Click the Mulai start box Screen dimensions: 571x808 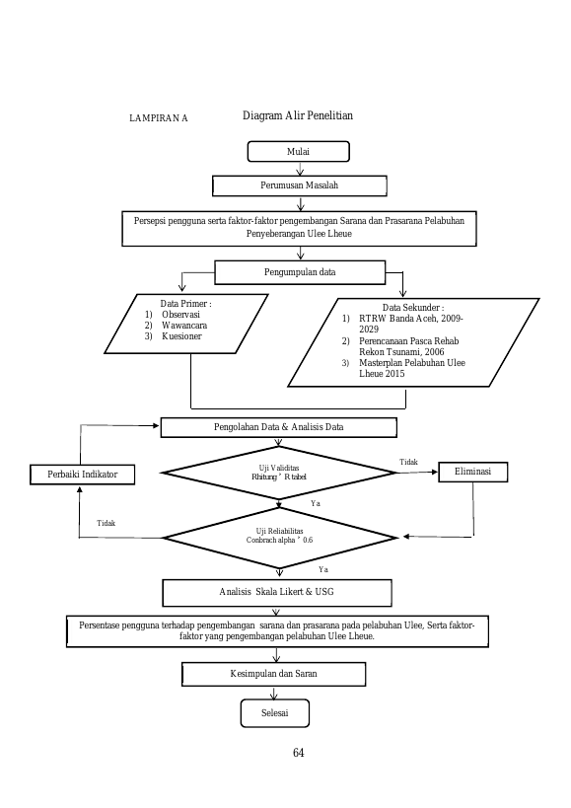(x=299, y=152)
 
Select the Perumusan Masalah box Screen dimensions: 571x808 (x=300, y=185)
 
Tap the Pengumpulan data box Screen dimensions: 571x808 (x=300, y=272)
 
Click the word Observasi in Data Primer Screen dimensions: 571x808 (x=180, y=315)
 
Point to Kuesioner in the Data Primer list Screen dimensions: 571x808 (x=181, y=336)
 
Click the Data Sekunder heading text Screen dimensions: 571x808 (x=413, y=308)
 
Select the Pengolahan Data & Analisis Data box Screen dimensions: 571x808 (x=278, y=427)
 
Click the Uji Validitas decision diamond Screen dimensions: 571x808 (x=278, y=473)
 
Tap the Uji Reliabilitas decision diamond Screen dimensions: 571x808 (x=279, y=538)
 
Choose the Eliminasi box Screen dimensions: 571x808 (x=473, y=472)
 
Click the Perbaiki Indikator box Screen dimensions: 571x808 (x=83, y=475)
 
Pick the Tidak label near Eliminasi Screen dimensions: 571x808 (x=409, y=463)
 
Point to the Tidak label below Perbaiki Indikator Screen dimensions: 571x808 (x=107, y=523)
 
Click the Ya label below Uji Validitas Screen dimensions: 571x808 (x=316, y=503)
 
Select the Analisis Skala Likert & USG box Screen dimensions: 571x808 (x=277, y=593)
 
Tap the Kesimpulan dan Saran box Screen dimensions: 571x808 (x=274, y=674)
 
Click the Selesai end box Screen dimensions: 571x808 (x=275, y=713)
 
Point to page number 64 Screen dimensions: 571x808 (x=299, y=753)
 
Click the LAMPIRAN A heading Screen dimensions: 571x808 (x=159, y=118)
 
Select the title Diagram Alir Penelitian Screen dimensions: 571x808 (x=298, y=115)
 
